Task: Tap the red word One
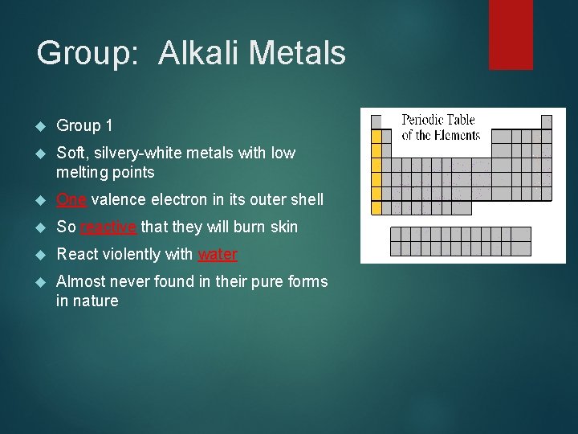71,199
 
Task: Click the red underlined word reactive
108,227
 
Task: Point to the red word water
218,254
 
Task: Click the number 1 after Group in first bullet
108,125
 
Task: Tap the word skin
283,227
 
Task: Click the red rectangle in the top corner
511,34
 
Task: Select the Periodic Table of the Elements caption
441,127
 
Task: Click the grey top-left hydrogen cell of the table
377,122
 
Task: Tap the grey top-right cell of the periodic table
546,122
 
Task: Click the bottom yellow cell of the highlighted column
377,208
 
